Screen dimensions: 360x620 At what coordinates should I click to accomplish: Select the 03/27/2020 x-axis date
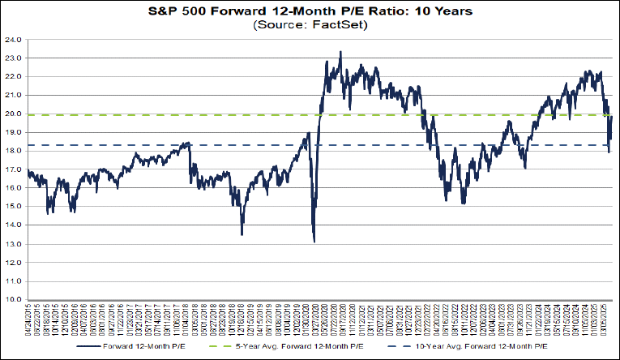314,317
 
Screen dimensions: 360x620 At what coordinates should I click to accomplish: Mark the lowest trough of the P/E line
314,242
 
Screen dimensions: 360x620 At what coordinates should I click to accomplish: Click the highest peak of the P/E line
340,52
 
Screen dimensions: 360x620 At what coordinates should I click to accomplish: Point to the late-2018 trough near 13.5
242,234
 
